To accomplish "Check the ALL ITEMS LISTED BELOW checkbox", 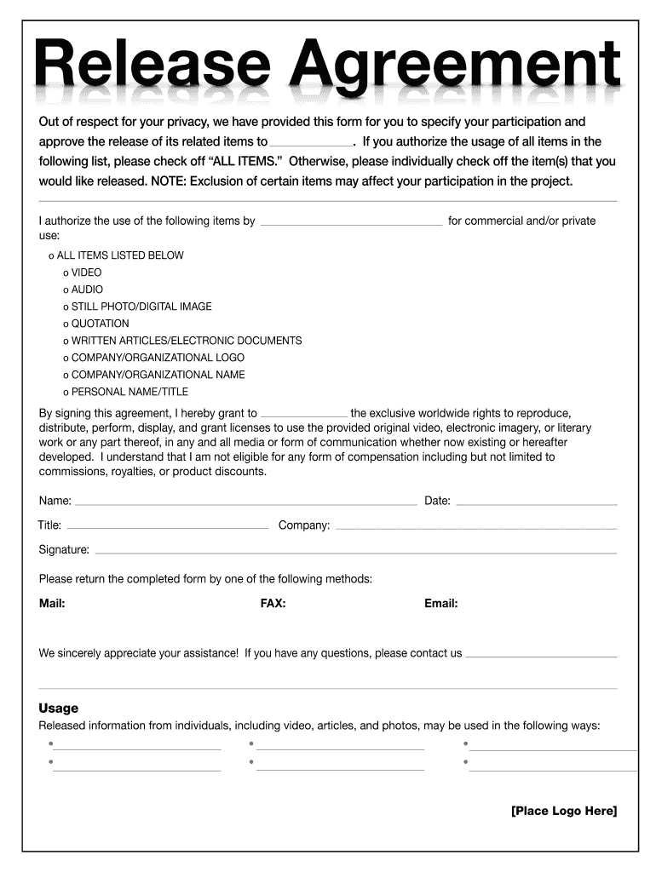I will [x=51, y=255].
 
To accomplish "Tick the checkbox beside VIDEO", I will [x=66, y=272].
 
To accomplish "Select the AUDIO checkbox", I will [x=66, y=290].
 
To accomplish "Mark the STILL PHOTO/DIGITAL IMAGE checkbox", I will [x=66, y=307].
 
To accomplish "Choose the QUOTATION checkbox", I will [x=66, y=324].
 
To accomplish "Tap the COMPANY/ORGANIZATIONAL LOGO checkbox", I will [x=66, y=358].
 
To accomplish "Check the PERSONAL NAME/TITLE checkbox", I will [x=66, y=393].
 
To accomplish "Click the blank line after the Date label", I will [x=537, y=502].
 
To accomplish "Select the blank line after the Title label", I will [x=168, y=527].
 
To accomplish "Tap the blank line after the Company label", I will [x=476, y=527].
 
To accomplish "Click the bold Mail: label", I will [x=52, y=604].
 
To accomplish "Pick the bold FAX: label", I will [x=273, y=604].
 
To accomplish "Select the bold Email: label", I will [x=441, y=604].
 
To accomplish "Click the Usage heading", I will [x=59, y=708].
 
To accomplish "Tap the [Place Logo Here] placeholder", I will [x=564, y=811].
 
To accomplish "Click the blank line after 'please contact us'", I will [x=542, y=656].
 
